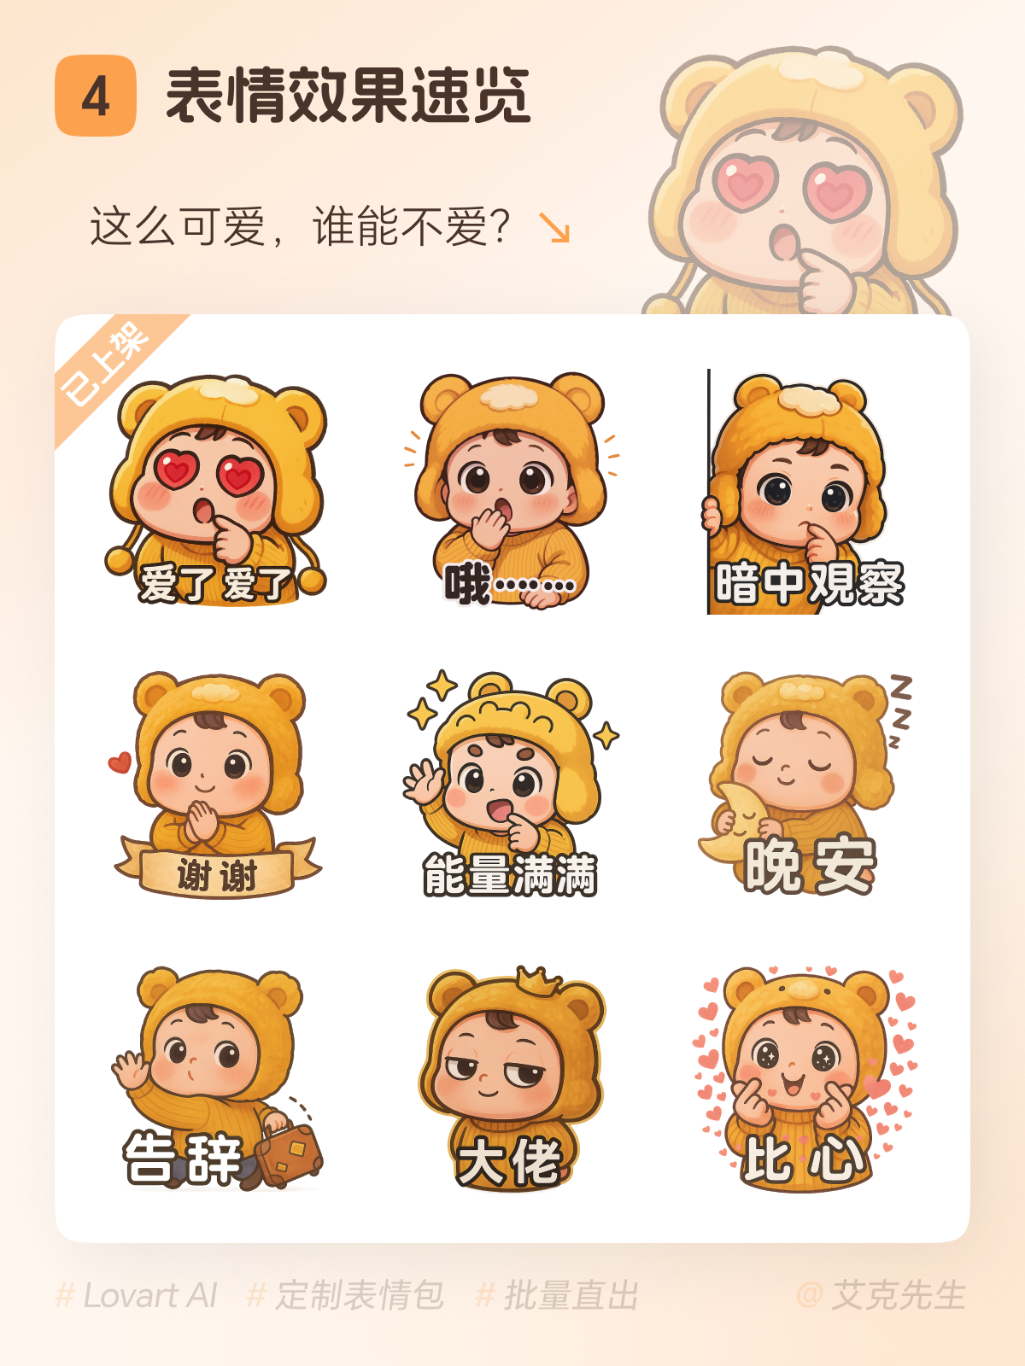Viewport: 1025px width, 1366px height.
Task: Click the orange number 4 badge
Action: coord(95,96)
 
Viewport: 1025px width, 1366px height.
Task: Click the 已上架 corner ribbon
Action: coord(107,367)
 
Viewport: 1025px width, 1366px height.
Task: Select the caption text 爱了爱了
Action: coord(215,584)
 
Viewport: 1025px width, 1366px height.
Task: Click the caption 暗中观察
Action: coord(809,584)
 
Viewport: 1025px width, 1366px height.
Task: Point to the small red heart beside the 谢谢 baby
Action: coord(120,762)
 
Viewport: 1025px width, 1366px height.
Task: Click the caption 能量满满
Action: coord(510,874)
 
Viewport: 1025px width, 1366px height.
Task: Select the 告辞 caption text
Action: coord(182,1158)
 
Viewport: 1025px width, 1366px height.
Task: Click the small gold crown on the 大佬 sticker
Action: coord(539,981)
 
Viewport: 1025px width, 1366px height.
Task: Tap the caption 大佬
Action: coord(509,1161)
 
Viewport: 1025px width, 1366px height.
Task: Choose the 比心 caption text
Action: coord(804,1159)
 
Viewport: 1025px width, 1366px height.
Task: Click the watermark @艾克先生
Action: coord(881,1296)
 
